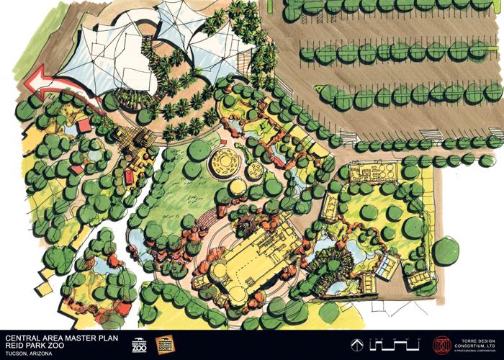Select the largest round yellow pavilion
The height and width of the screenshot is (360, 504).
click(x=221, y=161)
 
